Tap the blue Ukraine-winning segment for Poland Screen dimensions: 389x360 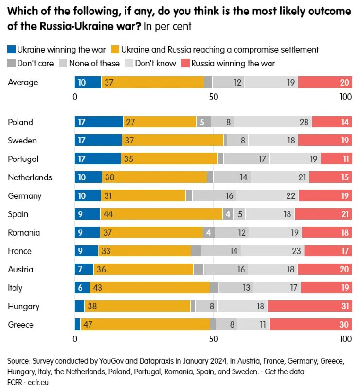(99, 122)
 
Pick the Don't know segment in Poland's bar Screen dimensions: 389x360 (273, 122)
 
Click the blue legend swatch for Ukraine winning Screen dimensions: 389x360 (11, 49)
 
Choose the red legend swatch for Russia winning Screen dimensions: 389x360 (185, 63)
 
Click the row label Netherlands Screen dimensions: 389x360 (30, 177)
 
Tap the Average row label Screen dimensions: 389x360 (23, 83)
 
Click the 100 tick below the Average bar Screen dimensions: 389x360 (345, 97)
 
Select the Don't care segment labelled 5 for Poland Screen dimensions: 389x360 (203, 122)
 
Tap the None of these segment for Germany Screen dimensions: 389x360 (214, 196)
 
